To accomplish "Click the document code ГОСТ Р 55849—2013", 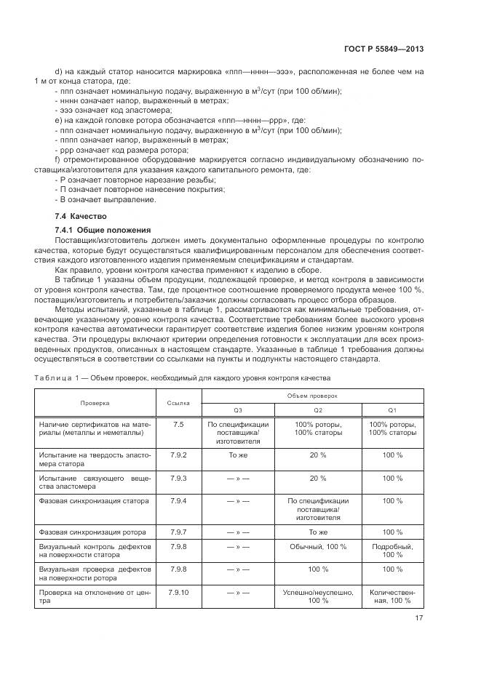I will click(x=384, y=49).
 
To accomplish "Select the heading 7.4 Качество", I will click(x=81, y=217).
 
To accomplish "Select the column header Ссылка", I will click(x=178, y=401).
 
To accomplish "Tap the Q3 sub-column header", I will click(x=238, y=409).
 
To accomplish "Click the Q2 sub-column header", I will click(x=318, y=409).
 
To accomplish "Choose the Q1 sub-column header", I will click(x=392, y=409).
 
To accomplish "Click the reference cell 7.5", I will click(x=178, y=424).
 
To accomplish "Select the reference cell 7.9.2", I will click(x=178, y=455).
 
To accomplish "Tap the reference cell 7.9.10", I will click(x=178, y=592).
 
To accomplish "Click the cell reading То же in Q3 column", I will click(x=238, y=455).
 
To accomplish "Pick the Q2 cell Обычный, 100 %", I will click(x=318, y=546).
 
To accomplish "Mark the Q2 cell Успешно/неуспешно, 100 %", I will click(x=318, y=596).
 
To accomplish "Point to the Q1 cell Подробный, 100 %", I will click(x=392, y=551).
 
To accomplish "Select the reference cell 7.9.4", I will click(x=178, y=500).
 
